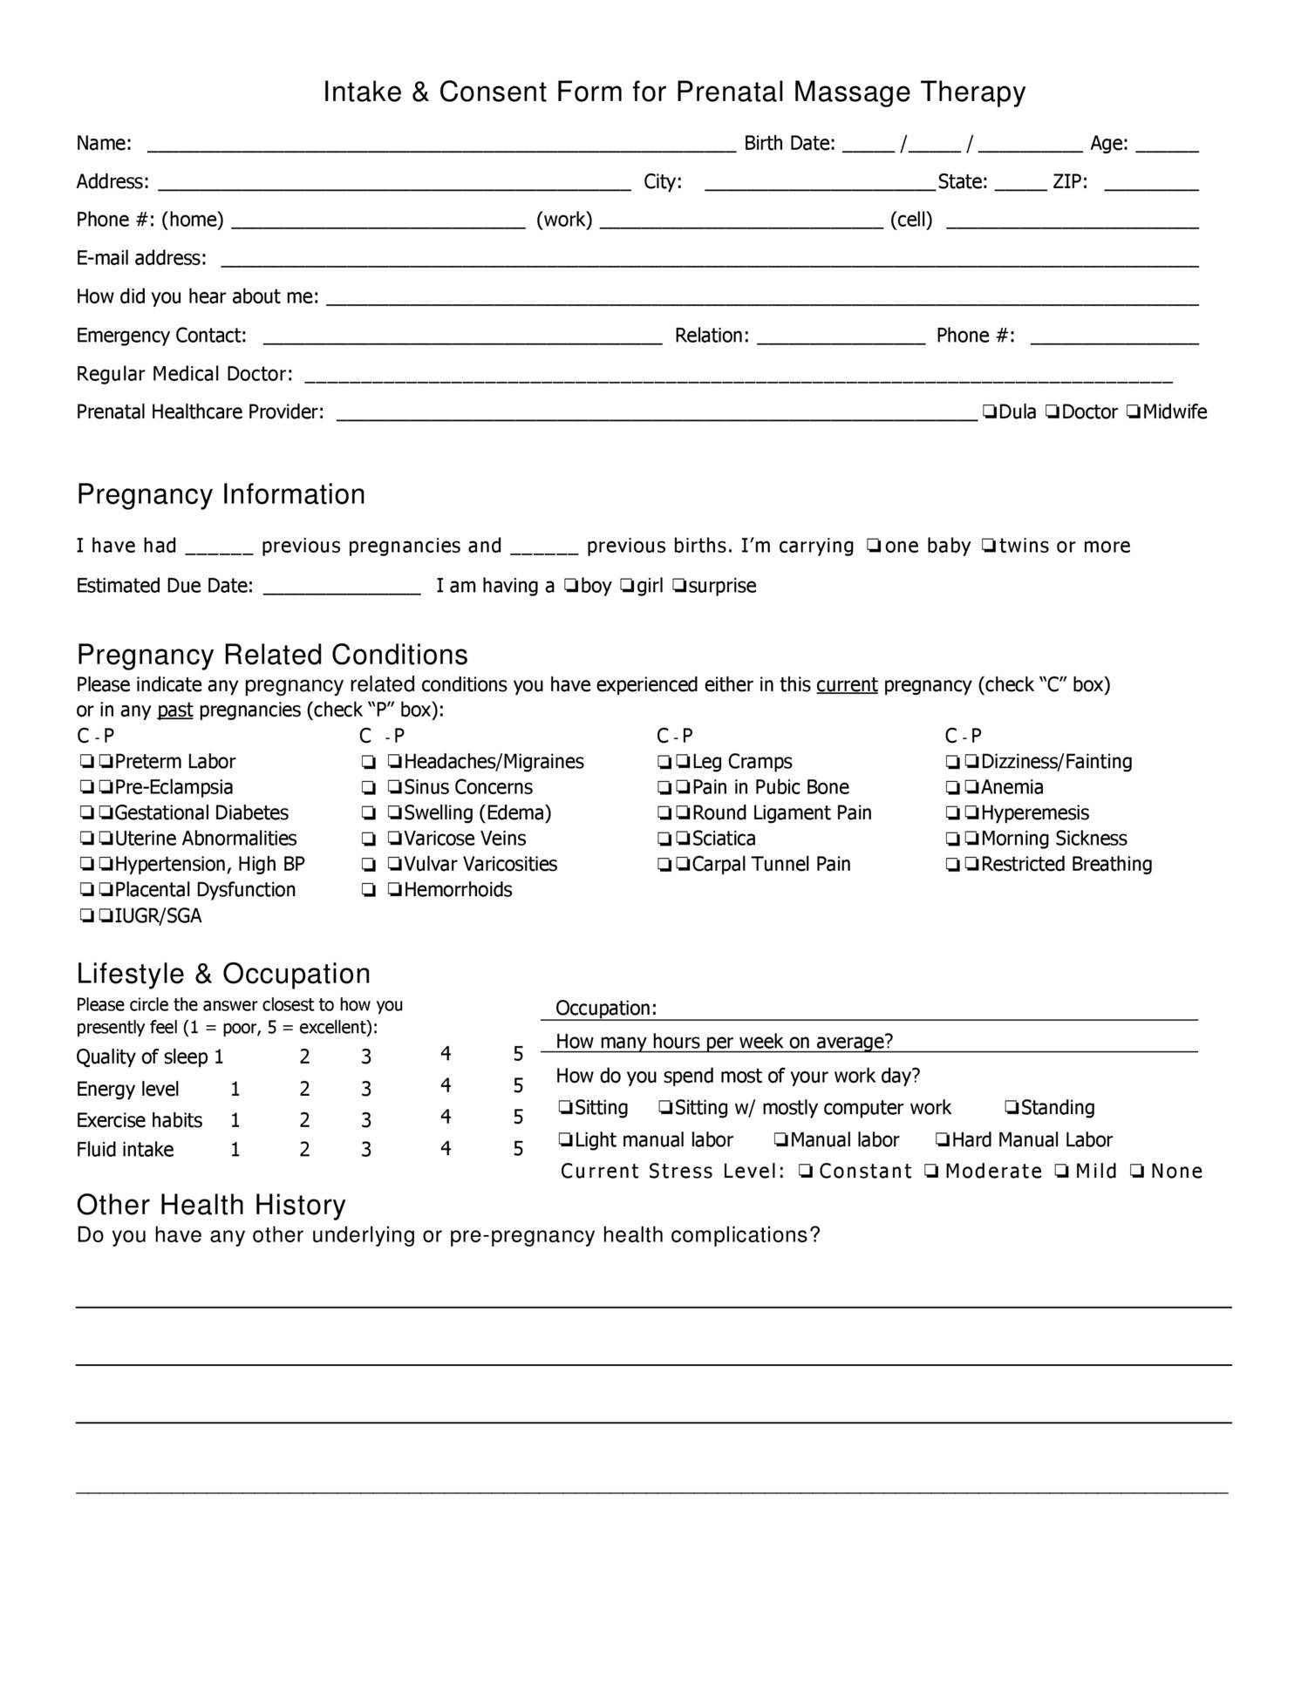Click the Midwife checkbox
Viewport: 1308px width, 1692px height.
coord(1133,411)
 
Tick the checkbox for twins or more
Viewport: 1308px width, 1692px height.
coord(988,546)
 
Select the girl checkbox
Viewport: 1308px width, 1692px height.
coord(626,586)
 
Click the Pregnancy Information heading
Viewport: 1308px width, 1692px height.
coord(221,494)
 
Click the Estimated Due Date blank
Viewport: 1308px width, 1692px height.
coord(342,589)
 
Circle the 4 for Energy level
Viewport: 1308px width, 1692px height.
coord(446,1085)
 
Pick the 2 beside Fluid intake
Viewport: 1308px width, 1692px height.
coord(304,1150)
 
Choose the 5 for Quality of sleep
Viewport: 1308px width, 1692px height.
coord(518,1054)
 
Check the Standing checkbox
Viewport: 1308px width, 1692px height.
coord(1012,1108)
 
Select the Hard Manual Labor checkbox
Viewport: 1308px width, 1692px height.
coord(942,1140)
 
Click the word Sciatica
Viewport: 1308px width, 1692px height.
coord(724,839)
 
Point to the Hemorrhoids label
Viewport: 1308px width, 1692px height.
coord(458,890)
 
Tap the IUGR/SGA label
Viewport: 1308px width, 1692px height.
coord(158,916)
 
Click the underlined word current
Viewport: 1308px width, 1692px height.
coord(846,685)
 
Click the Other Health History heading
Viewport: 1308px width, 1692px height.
coord(211,1205)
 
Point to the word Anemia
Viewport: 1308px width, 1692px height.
coord(1012,787)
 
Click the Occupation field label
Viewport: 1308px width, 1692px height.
coord(606,1009)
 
